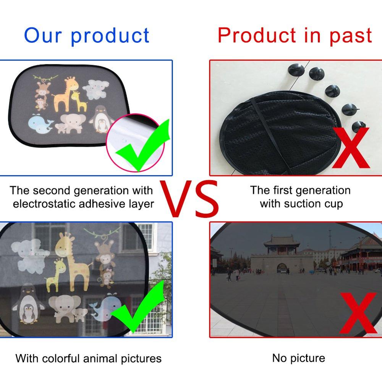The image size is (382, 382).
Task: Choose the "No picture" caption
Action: click(298, 358)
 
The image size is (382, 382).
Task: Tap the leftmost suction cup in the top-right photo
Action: click(296, 71)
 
